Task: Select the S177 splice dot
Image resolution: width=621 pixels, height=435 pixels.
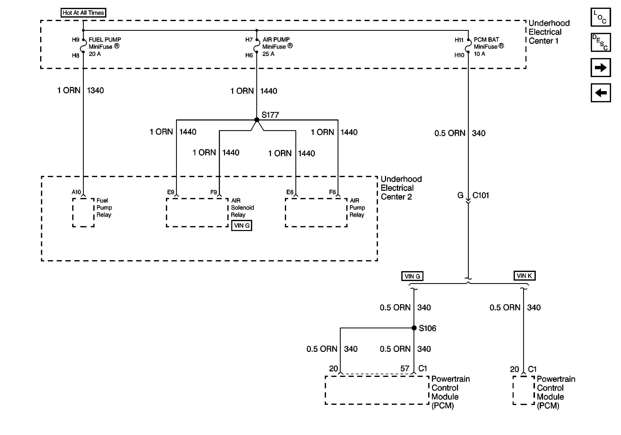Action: click(257, 120)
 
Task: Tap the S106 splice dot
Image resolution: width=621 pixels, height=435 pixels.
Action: click(414, 328)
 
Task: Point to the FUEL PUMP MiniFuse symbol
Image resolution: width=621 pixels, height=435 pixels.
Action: click(84, 46)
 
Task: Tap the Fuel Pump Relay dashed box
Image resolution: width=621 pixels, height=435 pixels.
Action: click(83, 213)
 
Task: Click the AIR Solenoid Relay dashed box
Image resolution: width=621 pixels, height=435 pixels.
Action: click(197, 213)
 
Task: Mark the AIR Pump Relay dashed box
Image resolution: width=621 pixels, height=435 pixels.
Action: click(316, 213)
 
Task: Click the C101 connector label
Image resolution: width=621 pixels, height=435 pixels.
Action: click(480, 195)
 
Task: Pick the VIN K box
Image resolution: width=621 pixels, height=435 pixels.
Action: click(524, 276)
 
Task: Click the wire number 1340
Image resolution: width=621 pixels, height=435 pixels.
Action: click(95, 91)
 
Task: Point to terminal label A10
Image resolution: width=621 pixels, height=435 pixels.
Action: click(76, 192)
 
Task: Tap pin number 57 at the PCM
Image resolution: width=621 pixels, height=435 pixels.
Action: click(405, 368)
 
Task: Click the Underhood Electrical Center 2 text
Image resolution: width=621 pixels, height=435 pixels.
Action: click(401, 188)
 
